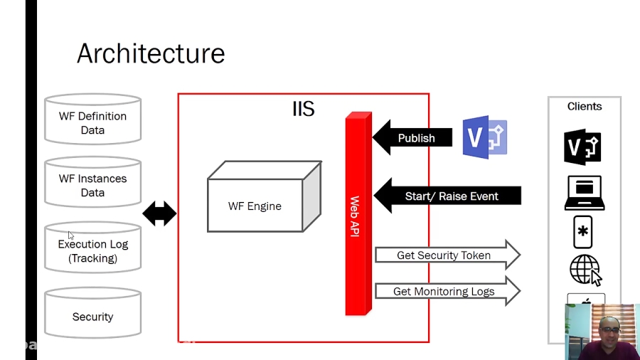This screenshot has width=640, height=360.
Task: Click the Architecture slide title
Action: [151, 53]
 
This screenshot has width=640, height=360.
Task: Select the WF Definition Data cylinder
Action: [92, 120]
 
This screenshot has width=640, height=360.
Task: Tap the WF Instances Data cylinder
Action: [92, 183]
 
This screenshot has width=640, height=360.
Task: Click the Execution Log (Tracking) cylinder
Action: [92, 248]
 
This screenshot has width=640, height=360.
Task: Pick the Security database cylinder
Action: [92, 314]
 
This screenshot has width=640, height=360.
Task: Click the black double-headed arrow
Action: [159, 213]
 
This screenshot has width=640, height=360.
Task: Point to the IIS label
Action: [304, 109]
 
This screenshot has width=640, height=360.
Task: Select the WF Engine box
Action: [255, 206]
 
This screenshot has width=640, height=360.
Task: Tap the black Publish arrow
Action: [412, 138]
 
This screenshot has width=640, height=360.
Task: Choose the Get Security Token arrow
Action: [447, 255]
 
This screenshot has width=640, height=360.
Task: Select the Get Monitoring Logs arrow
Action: [447, 292]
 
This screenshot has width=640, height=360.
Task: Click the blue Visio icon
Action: [485, 137]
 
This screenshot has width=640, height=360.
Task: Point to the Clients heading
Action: [585, 107]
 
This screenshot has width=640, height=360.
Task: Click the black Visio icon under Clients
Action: [583, 147]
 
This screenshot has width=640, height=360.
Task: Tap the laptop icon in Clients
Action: [585, 193]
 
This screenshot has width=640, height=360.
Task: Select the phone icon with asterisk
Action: [583, 232]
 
